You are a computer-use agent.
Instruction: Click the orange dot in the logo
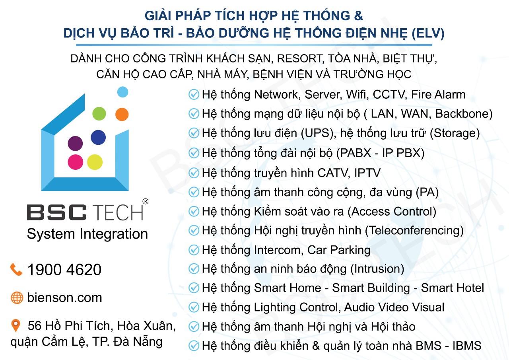point(122,114)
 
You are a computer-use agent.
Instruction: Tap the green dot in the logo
point(99,113)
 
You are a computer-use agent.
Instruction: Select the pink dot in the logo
point(76,162)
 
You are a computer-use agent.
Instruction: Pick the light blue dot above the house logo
point(123,92)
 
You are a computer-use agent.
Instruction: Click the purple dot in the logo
point(75,144)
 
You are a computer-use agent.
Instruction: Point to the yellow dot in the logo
point(95,162)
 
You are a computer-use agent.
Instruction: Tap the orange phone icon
point(16,270)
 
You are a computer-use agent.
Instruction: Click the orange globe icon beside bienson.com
point(17,298)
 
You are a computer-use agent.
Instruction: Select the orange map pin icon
point(16,326)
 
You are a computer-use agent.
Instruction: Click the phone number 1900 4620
point(64,270)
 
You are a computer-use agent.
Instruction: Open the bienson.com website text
point(64,298)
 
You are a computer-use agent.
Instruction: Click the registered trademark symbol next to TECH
point(146,201)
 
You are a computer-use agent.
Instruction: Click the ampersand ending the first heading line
point(358,16)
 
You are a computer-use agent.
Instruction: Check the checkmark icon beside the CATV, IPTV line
point(194,173)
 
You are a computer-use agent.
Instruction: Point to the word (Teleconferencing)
point(414,230)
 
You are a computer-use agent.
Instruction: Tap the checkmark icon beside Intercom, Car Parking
point(194,250)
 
